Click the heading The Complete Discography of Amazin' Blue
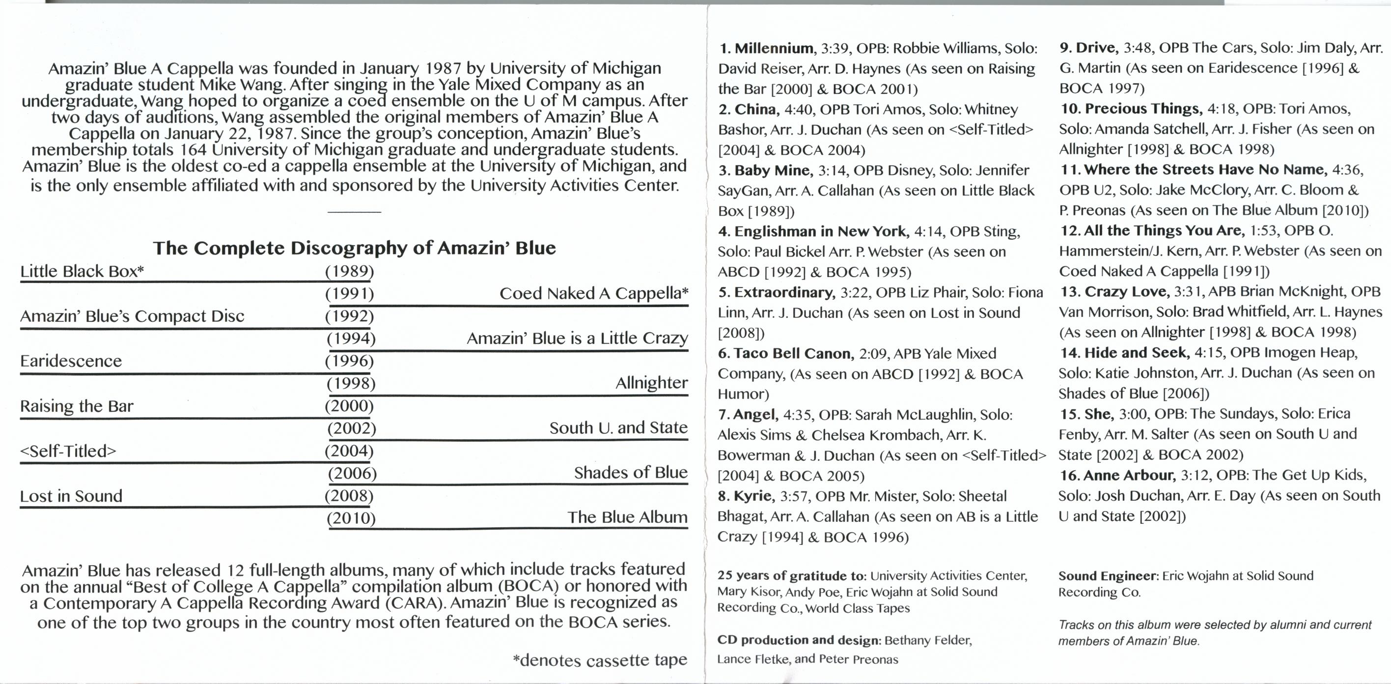point(354,248)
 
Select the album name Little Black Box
point(81,271)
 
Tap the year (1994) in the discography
point(351,338)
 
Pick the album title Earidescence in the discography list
point(71,361)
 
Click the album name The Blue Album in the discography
point(627,517)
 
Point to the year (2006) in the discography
point(352,473)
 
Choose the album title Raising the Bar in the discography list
point(76,406)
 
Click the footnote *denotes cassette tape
point(599,660)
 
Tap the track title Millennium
point(773,48)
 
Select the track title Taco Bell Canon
point(793,353)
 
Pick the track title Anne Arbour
point(1129,475)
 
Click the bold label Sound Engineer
point(1108,576)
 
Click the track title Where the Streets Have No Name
point(1205,170)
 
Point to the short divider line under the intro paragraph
point(354,212)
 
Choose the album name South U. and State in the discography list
point(618,427)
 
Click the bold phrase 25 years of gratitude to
point(792,576)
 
